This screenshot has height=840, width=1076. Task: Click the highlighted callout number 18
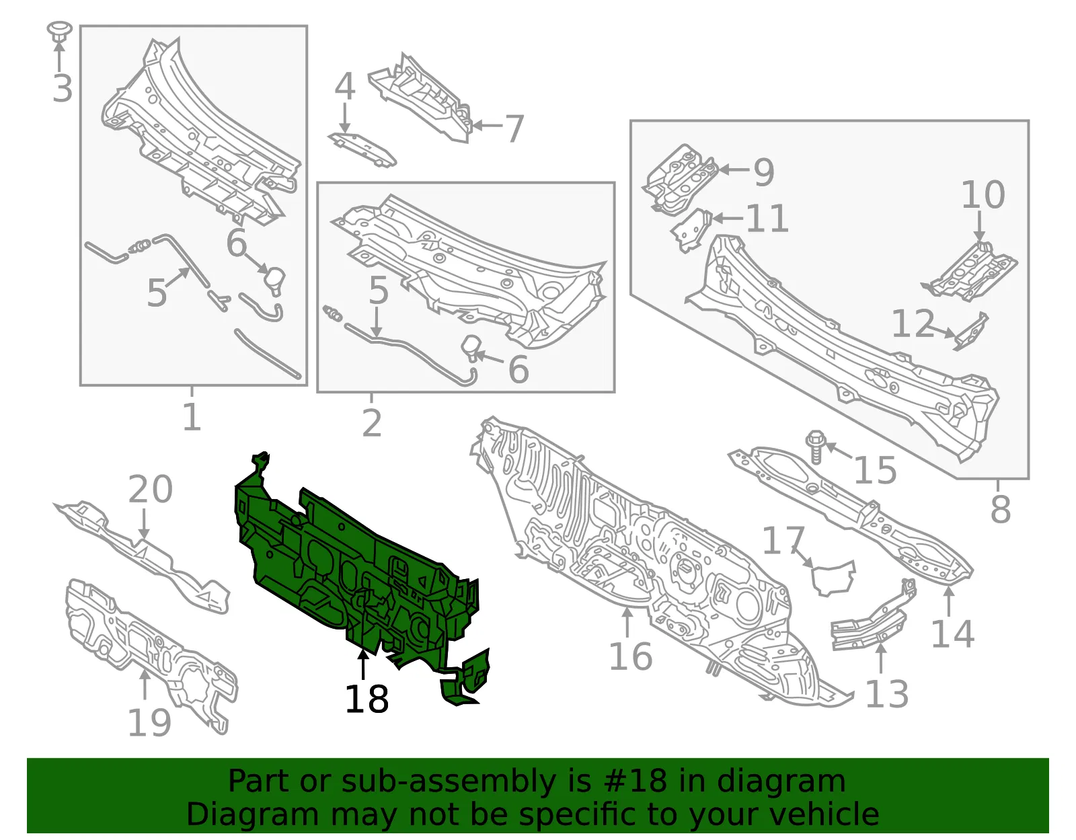click(x=367, y=699)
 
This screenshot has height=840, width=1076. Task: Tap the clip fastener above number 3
click(x=59, y=30)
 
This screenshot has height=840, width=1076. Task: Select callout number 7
click(x=514, y=128)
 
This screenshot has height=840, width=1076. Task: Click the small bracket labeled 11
click(x=692, y=230)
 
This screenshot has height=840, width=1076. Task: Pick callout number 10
click(x=983, y=194)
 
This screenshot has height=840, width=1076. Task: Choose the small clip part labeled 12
click(x=970, y=332)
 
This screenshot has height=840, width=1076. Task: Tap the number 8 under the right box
click(x=1000, y=509)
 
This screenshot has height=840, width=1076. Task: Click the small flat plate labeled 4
click(x=362, y=149)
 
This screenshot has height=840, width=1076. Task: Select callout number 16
click(x=631, y=656)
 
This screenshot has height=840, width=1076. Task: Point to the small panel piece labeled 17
click(x=833, y=578)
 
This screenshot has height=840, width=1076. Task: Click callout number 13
click(x=887, y=694)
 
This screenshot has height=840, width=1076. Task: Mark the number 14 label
click(x=953, y=634)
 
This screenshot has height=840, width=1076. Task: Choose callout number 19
click(x=149, y=723)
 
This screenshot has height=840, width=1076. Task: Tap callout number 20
click(x=151, y=489)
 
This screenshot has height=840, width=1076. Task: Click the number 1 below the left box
click(x=192, y=417)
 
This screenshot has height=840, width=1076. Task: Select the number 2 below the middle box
click(x=372, y=423)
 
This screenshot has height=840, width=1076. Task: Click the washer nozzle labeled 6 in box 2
click(x=471, y=348)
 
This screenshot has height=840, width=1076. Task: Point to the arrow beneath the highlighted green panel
click(x=363, y=664)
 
